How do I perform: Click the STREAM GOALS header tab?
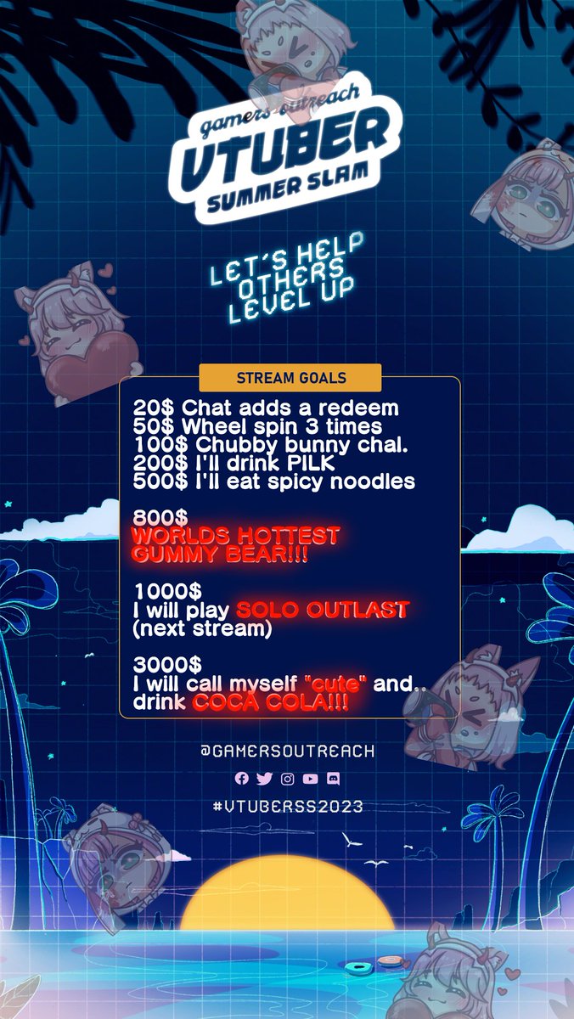click(290, 377)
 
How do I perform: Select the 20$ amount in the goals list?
click(149, 408)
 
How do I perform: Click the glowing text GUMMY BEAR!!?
click(220, 555)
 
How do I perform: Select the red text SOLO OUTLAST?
click(323, 610)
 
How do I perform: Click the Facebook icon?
click(241, 779)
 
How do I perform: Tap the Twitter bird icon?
click(264, 779)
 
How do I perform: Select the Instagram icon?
click(288, 779)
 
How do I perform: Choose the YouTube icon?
click(311, 779)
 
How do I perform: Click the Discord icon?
click(334, 779)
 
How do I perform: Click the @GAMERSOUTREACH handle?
click(288, 752)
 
